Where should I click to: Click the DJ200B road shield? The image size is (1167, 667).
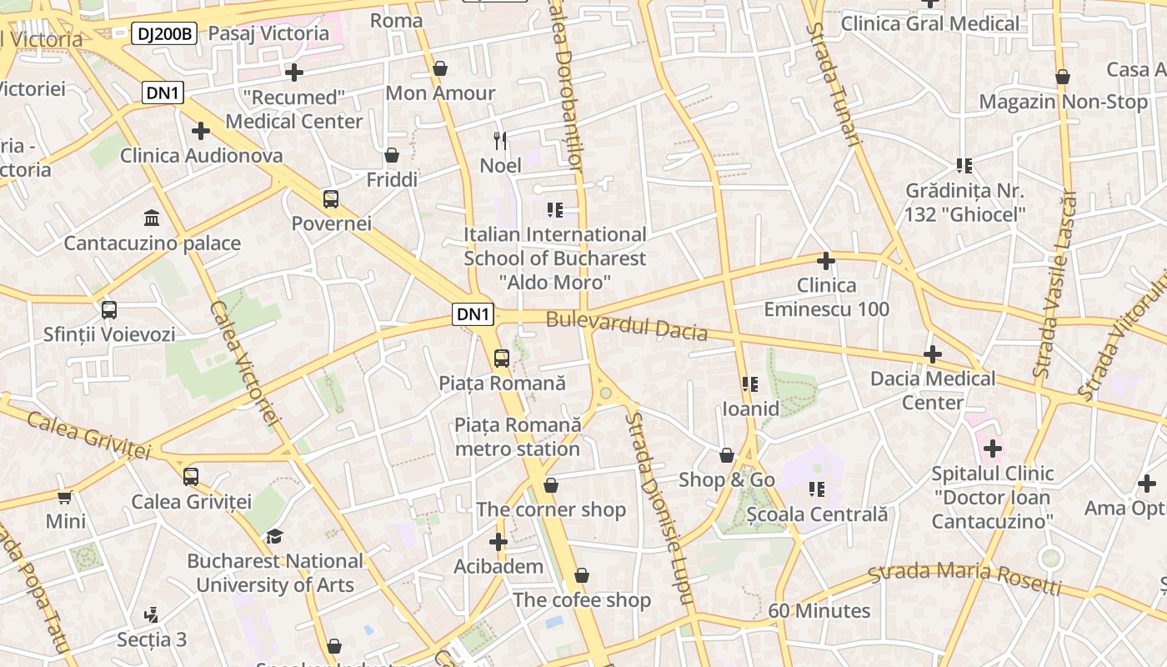164,33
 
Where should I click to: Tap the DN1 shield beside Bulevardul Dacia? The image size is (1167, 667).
473,314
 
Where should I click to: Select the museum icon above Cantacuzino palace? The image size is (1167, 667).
152,218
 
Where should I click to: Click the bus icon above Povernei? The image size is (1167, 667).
331,199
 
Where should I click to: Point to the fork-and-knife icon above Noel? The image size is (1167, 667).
500,140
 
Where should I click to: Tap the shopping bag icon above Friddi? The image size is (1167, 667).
392,155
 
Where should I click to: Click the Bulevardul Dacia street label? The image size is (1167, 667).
627,326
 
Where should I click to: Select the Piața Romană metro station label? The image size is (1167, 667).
518,437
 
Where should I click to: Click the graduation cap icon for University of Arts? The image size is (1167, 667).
274,536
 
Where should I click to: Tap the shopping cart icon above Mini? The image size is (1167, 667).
65,497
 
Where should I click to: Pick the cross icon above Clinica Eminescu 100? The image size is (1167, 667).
826,261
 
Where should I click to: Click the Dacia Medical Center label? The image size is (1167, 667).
933,390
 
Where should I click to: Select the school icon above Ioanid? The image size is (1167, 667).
750,384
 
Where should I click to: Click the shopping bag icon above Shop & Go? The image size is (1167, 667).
727,455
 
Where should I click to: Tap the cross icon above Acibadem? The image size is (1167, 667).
498,542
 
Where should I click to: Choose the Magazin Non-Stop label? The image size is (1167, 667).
1063,102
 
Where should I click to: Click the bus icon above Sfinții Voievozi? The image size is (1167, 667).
109,310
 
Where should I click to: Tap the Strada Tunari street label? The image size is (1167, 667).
832,83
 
